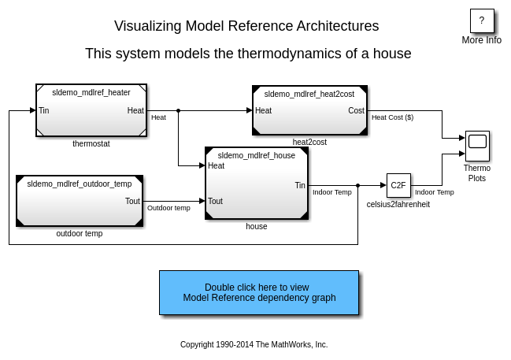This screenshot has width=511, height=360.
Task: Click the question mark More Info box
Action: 482,21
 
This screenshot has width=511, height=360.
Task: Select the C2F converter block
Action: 398,186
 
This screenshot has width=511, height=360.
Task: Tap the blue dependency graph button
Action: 259,293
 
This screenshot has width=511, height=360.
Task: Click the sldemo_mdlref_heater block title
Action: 91,92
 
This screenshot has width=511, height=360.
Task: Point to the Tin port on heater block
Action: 44,111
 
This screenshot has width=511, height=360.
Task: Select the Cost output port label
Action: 356,111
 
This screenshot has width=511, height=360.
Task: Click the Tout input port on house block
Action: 215,201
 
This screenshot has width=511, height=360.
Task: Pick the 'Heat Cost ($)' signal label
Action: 392,117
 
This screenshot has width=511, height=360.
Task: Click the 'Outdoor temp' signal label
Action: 168,208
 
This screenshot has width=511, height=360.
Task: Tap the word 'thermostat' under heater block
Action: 91,144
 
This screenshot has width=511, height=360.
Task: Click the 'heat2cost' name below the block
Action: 309,142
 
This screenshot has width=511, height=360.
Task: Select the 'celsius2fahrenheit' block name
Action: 398,204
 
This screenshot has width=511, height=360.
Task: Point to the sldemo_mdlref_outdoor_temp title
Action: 80,184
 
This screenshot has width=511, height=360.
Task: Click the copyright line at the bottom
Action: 254,344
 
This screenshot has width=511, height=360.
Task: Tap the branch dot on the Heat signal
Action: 178,111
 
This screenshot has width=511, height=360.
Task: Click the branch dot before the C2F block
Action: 358,186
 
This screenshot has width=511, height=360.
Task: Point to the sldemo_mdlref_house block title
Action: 257,155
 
